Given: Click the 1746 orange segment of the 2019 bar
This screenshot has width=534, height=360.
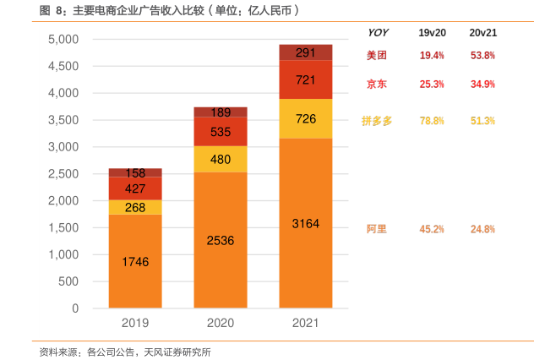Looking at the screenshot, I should click(x=135, y=261).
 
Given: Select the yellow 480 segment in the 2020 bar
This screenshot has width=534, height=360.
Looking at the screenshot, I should click(x=221, y=159).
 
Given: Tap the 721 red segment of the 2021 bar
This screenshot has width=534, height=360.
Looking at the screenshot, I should click(x=306, y=79).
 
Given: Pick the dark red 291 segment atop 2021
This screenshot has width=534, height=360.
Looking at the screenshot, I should click(x=306, y=52).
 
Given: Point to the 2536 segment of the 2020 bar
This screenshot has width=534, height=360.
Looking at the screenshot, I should click(x=221, y=240).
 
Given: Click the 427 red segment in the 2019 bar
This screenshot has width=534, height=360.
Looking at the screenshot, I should click(x=135, y=188).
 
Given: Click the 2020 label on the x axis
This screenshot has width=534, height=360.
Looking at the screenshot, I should click(x=221, y=323).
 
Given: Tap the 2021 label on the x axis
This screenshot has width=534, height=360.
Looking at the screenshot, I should click(x=306, y=323).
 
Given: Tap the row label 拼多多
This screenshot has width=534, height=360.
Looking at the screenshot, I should click(x=377, y=121).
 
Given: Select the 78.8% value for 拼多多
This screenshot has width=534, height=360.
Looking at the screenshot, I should click(x=432, y=121).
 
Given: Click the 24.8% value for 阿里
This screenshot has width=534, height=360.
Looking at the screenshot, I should click(x=482, y=229).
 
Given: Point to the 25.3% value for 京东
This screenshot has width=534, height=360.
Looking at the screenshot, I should click(x=432, y=85).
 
